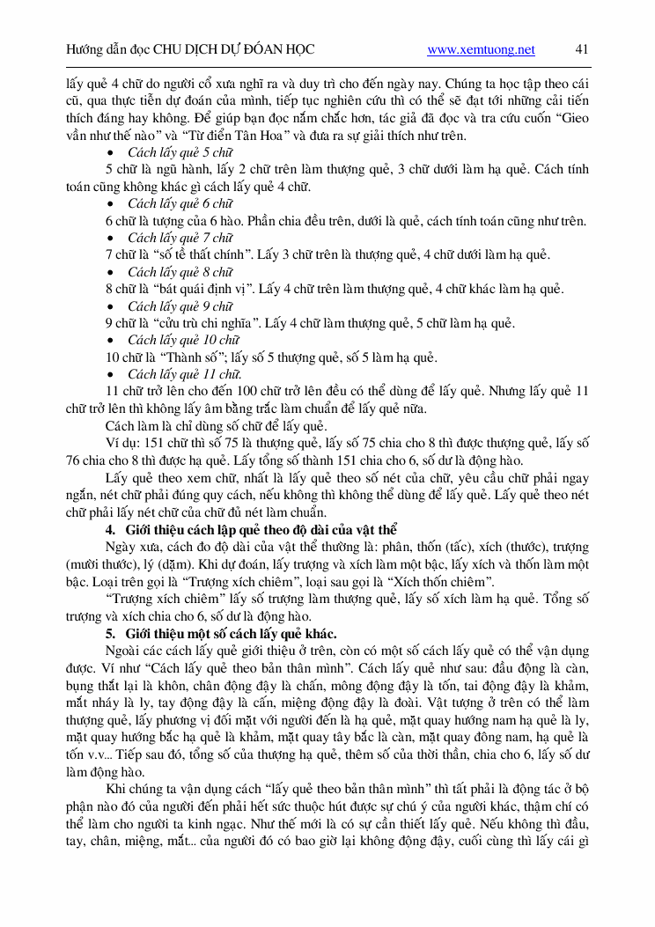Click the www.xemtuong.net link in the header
pyautogui.click(x=481, y=50)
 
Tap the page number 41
pyautogui.click(x=581, y=50)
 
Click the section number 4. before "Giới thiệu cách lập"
pyautogui.click(x=111, y=530)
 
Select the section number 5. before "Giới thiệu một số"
pyautogui.click(x=111, y=633)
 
